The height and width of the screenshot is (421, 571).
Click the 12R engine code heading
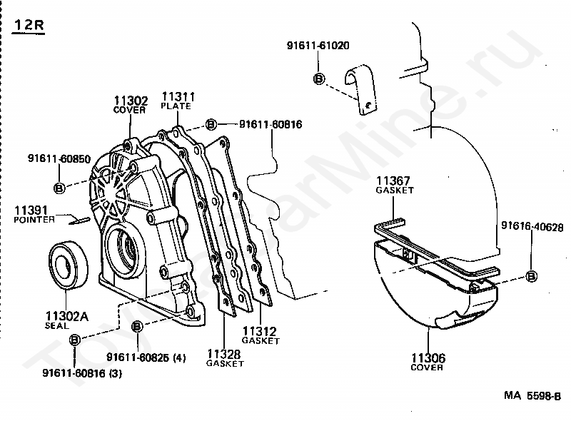[x=29, y=26]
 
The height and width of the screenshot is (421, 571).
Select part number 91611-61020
[x=318, y=46]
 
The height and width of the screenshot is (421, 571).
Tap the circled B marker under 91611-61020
[x=319, y=79]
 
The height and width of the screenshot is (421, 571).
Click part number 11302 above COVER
[x=130, y=101]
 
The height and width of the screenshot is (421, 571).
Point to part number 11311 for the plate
[x=177, y=96]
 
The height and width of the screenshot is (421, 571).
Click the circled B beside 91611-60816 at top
[x=211, y=125]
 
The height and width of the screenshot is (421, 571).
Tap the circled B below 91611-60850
[x=60, y=188]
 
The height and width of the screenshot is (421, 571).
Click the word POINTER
[x=34, y=220]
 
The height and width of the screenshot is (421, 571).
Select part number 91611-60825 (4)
[x=146, y=358]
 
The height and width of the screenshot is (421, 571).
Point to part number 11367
[x=395, y=182]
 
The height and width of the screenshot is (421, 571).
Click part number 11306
[x=427, y=358]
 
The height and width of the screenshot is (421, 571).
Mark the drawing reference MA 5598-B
[x=532, y=395]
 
